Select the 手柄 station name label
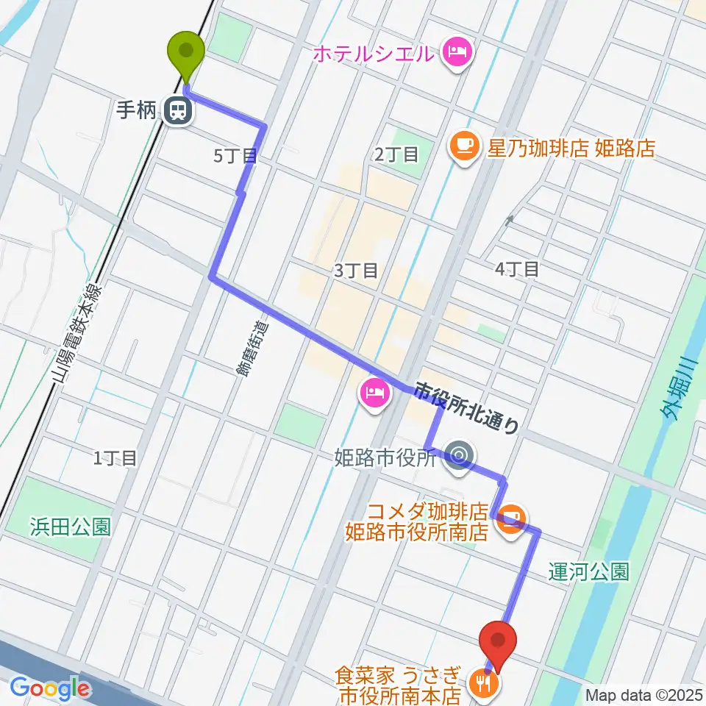coord(137,111)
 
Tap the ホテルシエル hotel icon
coord(458,52)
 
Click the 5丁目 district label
coord(235,155)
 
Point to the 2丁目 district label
coord(396,154)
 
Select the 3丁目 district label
coord(356,271)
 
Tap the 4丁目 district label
coord(517,269)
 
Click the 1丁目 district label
coord(115,458)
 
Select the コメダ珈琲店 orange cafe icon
coord(515,516)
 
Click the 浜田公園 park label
coord(71,527)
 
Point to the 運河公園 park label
coord(590,571)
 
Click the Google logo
coord(50,688)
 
